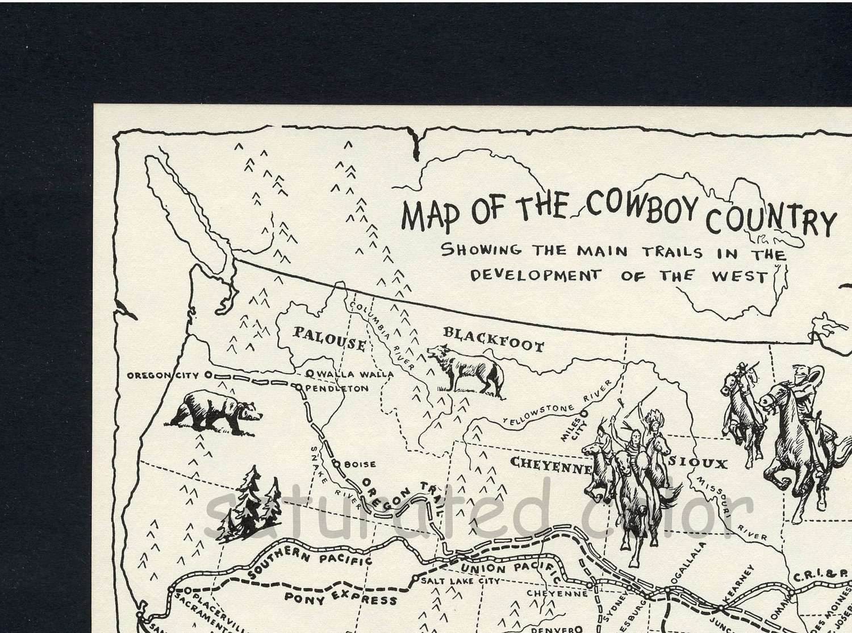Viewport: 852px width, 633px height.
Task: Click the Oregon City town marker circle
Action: (208, 375)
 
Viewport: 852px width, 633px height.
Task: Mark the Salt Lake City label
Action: (460, 581)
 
